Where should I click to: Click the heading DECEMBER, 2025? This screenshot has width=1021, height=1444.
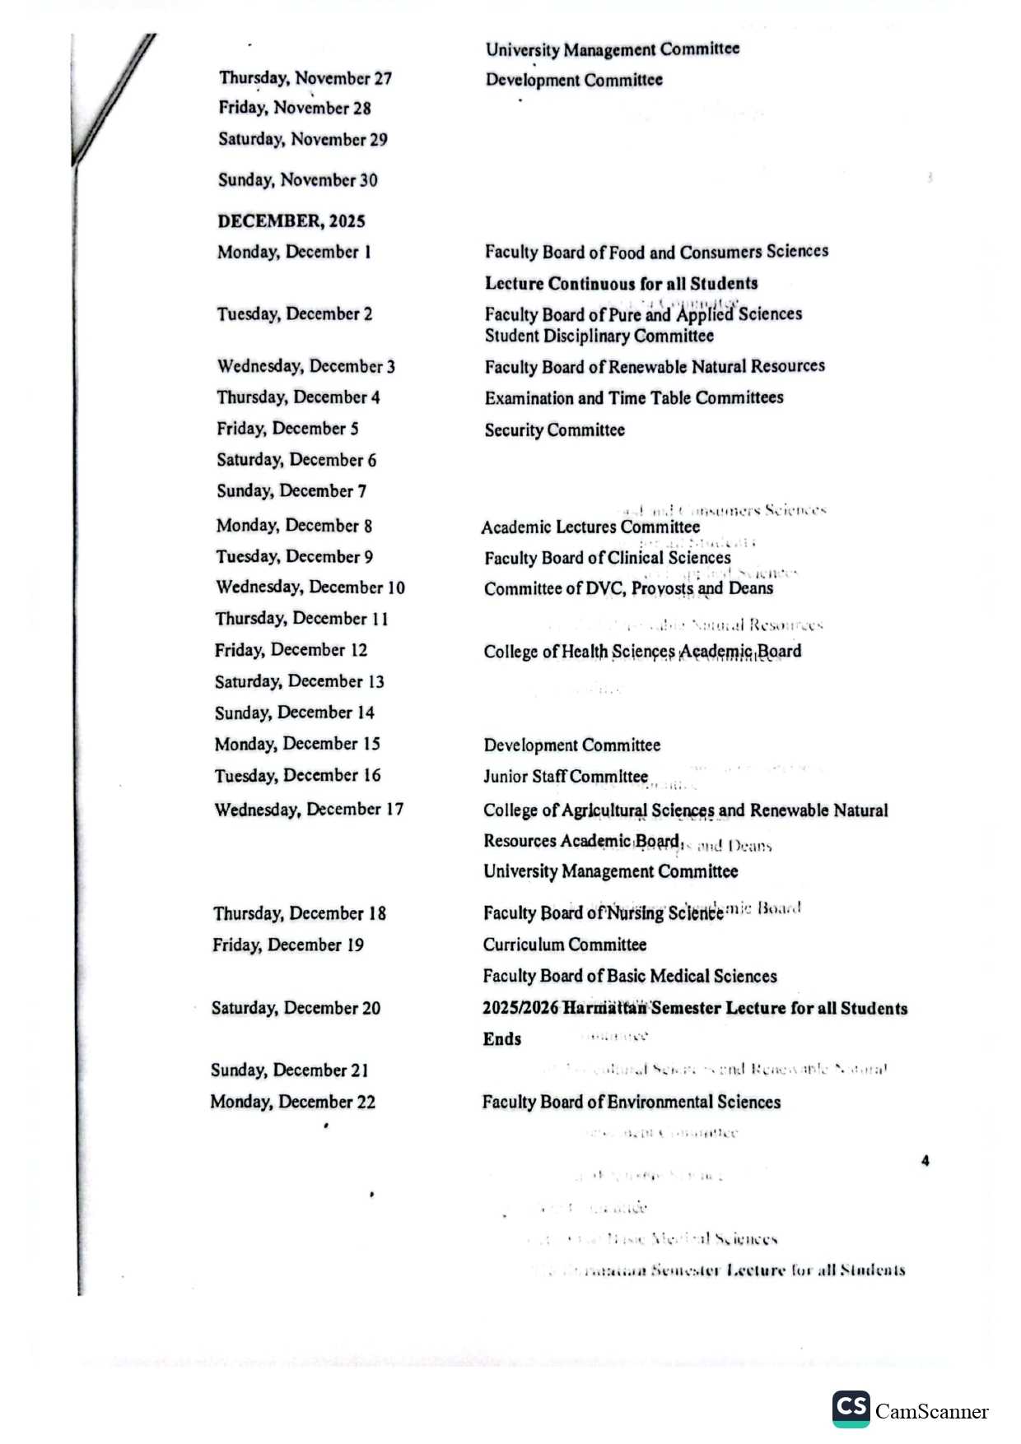tap(291, 221)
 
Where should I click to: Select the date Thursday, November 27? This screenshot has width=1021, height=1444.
tap(305, 78)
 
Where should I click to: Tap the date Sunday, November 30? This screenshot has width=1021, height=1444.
tap(297, 180)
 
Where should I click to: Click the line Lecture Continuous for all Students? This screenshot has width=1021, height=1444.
tap(621, 284)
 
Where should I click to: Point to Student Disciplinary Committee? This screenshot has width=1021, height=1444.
tap(599, 337)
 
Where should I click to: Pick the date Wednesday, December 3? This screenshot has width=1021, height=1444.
tap(305, 366)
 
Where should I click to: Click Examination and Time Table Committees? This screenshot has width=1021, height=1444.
tap(633, 398)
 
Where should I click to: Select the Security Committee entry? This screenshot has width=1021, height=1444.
tap(554, 430)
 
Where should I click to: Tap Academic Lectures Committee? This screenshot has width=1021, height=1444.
tap(590, 527)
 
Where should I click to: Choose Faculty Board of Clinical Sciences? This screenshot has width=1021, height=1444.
tap(607, 558)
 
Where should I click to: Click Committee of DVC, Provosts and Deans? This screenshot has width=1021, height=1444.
tap(628, 589)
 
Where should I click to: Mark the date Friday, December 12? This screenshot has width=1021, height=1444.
tap(291, 650)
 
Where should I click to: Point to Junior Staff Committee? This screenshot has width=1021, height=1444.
tap(565, 777)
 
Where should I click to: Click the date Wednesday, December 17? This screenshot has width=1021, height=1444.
tap(309, 810)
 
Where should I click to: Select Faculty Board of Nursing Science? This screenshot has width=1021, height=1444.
tap(603, 913)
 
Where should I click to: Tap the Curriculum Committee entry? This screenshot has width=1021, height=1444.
tap(564, 945)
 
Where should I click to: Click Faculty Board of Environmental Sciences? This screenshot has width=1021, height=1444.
tap(631, 1102)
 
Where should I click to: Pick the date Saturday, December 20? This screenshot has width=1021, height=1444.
tap(296, 1008)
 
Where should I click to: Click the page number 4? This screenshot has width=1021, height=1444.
tap(925, 1161)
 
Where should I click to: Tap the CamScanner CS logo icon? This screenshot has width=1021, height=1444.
tap(851, 1409)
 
